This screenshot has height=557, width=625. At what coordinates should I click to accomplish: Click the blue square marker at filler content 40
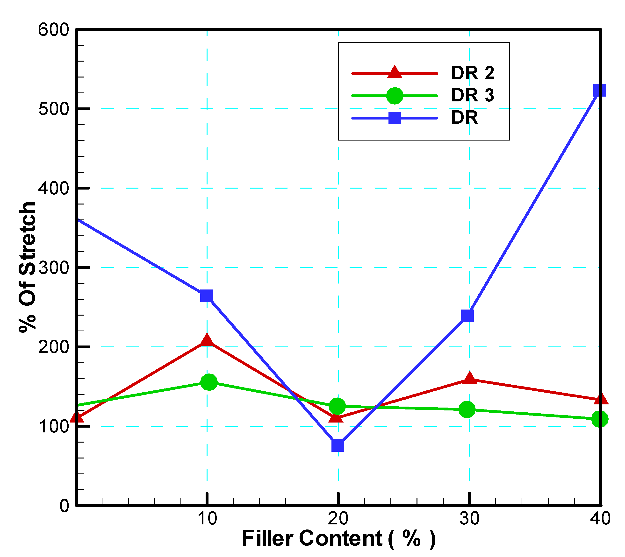599,90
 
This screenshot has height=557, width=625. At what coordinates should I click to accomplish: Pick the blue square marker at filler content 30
467,316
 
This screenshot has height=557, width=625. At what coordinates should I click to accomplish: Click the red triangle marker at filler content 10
207,340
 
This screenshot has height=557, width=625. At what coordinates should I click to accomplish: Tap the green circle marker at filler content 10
209,382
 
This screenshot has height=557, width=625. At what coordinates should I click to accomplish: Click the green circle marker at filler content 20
337,406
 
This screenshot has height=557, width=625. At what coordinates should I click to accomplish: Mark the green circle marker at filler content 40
600,419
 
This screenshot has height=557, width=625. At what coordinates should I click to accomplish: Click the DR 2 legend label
473,73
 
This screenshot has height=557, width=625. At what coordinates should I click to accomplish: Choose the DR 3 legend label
473,95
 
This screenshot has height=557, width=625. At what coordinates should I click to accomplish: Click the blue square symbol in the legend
395,118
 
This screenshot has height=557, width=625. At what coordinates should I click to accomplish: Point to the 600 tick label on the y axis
53,30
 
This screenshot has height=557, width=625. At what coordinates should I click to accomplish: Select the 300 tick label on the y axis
53,268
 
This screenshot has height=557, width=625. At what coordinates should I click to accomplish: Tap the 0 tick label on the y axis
64,506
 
